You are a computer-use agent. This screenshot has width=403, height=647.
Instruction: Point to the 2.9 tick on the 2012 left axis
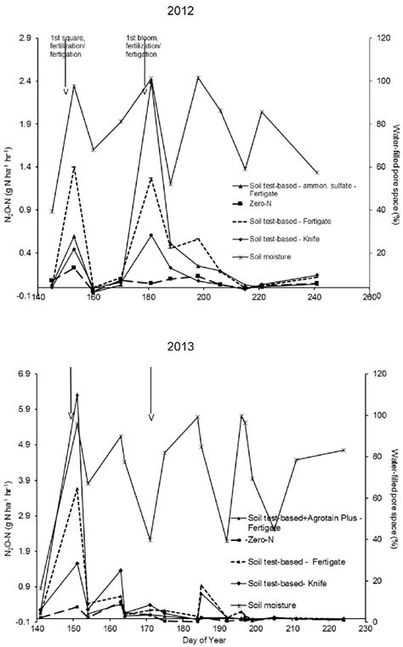click(x=22, y=38)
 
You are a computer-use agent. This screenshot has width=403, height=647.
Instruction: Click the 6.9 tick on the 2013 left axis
click(x=22, y=374)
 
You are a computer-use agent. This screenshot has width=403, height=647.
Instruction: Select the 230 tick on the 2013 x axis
click(x=364, y=631)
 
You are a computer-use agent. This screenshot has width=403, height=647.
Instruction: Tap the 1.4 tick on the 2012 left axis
click(x=22, y=167)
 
